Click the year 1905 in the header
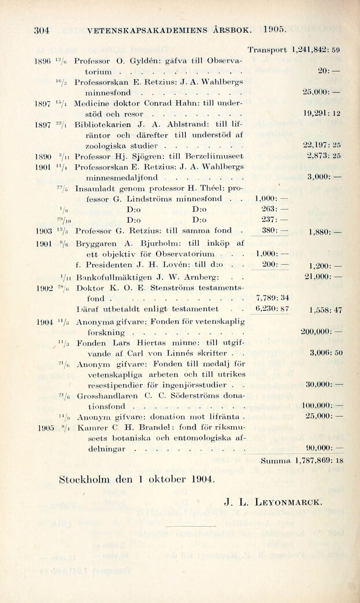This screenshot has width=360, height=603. click(x=274, y=29)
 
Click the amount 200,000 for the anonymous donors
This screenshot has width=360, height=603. click(x=321, y=332)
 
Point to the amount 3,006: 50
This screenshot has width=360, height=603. click(x=326, y=352)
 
